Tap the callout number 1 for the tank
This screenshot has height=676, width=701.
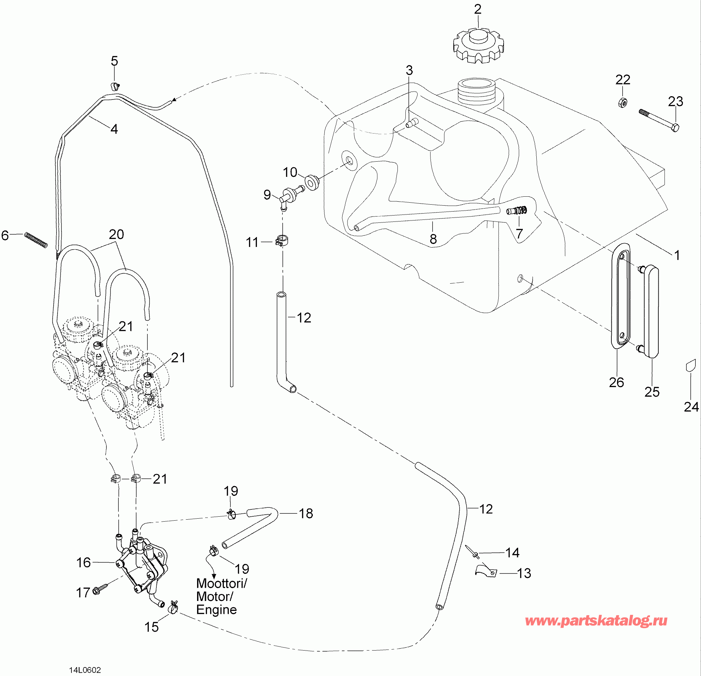(677, 255)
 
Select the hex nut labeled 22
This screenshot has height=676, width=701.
(623, 102)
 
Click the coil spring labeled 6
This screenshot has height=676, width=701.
(36, 240)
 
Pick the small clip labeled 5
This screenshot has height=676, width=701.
(114, 86)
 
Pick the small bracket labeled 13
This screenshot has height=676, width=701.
(486, 571)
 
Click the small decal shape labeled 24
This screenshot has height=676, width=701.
(691, 366)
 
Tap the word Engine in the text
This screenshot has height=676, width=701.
(216, 610)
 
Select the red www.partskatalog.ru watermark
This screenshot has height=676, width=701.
(596, 620)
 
